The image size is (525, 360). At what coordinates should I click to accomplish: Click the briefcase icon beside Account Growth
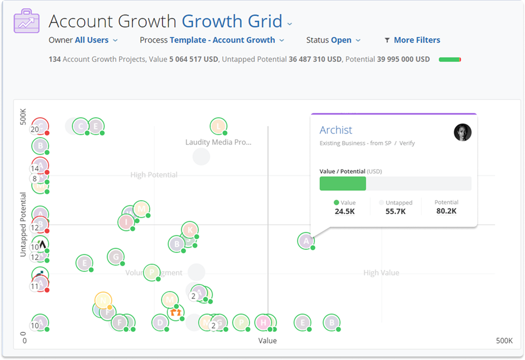(26, 21)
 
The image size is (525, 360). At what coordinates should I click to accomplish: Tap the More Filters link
(416, 40)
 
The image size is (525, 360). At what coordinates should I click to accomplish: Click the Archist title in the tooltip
(336, 130)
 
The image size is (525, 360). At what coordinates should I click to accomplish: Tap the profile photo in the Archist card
(462, 132)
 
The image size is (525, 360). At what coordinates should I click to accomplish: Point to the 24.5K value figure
(344, 211)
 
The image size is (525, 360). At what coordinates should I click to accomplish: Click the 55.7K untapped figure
(395, 211)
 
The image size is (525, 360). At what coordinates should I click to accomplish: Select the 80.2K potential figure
(446, 211)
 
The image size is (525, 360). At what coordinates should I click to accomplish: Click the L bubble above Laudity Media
(218, 126)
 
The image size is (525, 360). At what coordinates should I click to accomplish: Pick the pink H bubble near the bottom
(263, 322)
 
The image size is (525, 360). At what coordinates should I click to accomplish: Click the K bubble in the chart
(190, 230)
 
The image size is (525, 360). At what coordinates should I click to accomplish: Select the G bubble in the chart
(116, 257)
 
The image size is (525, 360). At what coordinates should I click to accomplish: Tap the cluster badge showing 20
(35, 130)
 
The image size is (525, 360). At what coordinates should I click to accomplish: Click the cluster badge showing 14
(35, 169)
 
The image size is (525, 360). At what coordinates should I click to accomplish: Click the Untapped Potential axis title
(23, 225)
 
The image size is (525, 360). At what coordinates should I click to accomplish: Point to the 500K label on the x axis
(504, 341)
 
